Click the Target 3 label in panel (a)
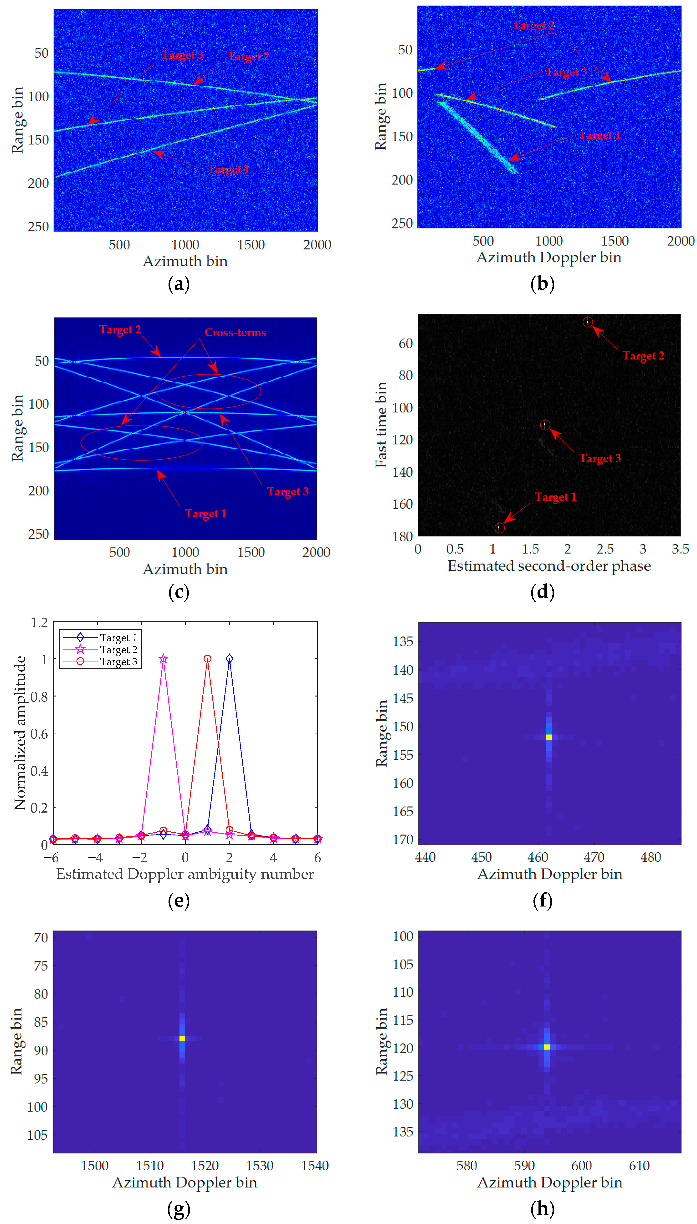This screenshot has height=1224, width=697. point(182,55)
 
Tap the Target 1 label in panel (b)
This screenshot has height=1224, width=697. point(600,135)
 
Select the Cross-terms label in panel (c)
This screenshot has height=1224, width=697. point(235,332)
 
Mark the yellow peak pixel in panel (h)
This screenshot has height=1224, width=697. point(547,1047)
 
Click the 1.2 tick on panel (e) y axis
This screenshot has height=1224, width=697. point(39,622)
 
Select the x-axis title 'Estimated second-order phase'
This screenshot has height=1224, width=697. point(549,566)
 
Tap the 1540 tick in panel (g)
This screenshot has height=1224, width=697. point(314,1166)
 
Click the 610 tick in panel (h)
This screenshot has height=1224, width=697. point(639,1166)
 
